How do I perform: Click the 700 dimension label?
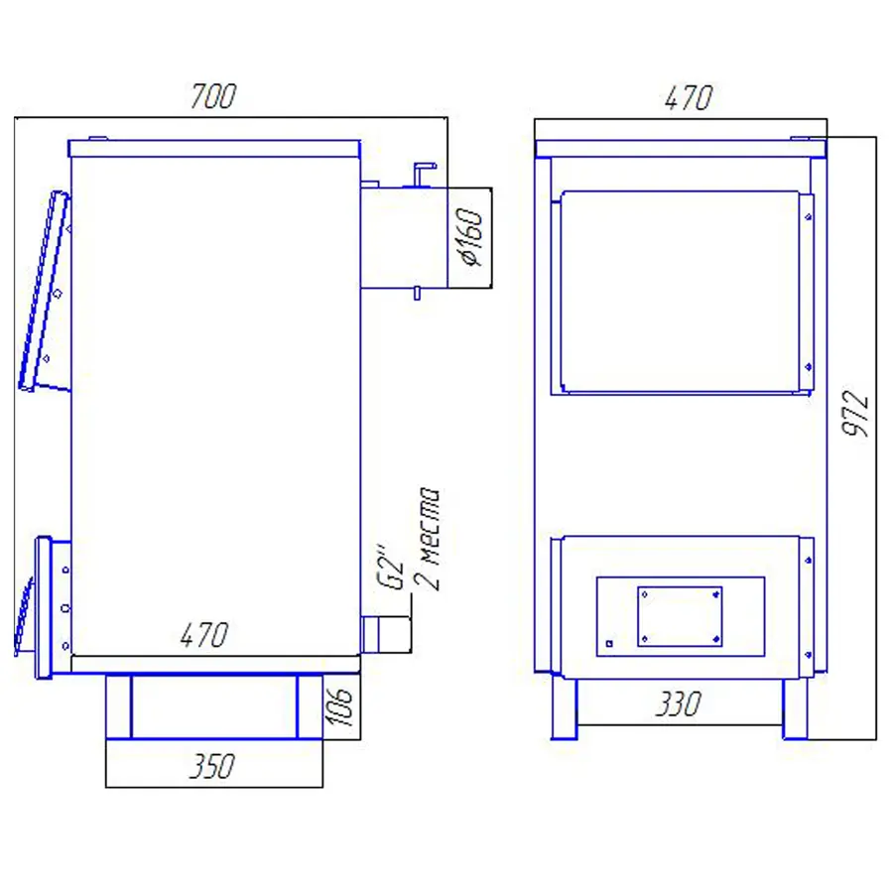coord(213,96)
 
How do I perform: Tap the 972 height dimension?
coord(855,414)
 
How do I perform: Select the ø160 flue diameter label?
coord(471,236)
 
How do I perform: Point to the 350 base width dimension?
coord(211,766)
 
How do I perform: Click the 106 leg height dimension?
coord(340,706)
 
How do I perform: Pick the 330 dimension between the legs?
coord(679,703)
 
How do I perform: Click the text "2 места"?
coord(428,539)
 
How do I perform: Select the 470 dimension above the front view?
coord(688,98)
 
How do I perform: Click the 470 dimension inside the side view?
coord(204,634)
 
